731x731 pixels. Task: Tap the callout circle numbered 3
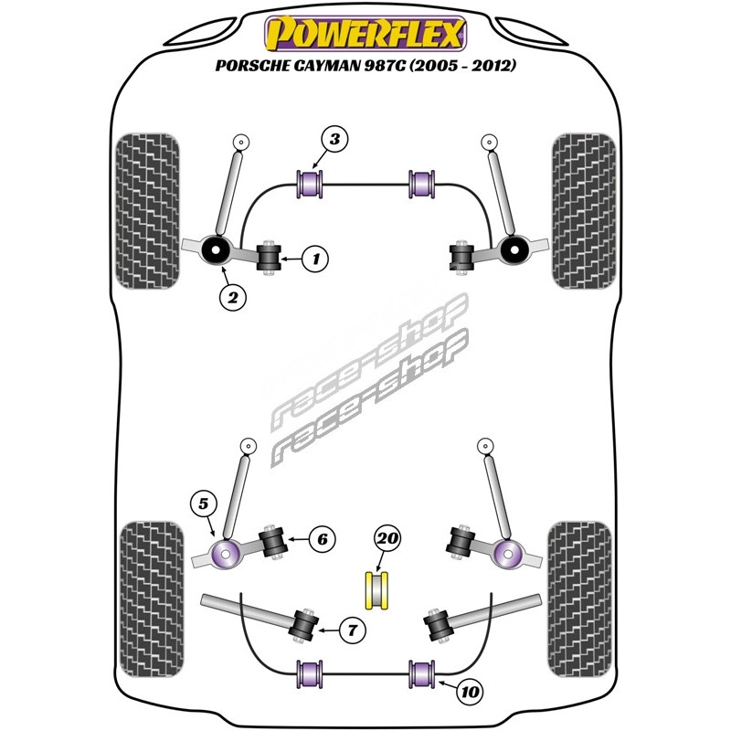[335, 140]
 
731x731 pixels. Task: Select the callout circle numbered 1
[316, 260]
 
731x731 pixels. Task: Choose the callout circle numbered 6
[323, 539]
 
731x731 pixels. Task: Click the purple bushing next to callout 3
[313, 181]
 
